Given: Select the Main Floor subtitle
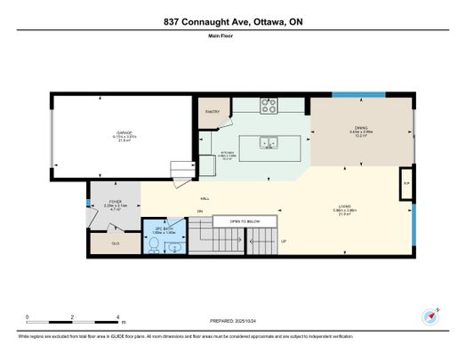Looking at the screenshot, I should pos(232,36).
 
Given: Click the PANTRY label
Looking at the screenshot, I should pos(213,112).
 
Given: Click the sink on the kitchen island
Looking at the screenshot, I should pos(265,142).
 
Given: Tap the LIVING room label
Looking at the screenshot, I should pos(348,209).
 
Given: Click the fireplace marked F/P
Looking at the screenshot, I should pos(406,183).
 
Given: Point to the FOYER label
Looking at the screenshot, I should pos(115,202).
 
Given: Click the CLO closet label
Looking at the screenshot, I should pos(116,242).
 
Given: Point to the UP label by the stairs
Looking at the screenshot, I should pos(284,242).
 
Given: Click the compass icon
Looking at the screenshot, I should pos(431,316).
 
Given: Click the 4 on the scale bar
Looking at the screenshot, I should pos(119,316).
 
